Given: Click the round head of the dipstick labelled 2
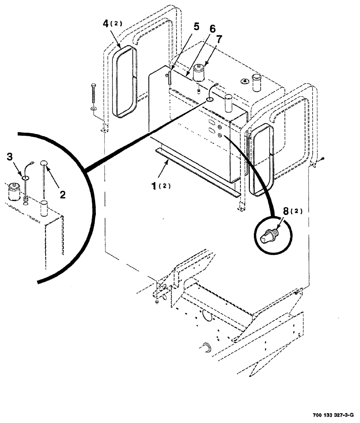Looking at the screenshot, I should point(44,162).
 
